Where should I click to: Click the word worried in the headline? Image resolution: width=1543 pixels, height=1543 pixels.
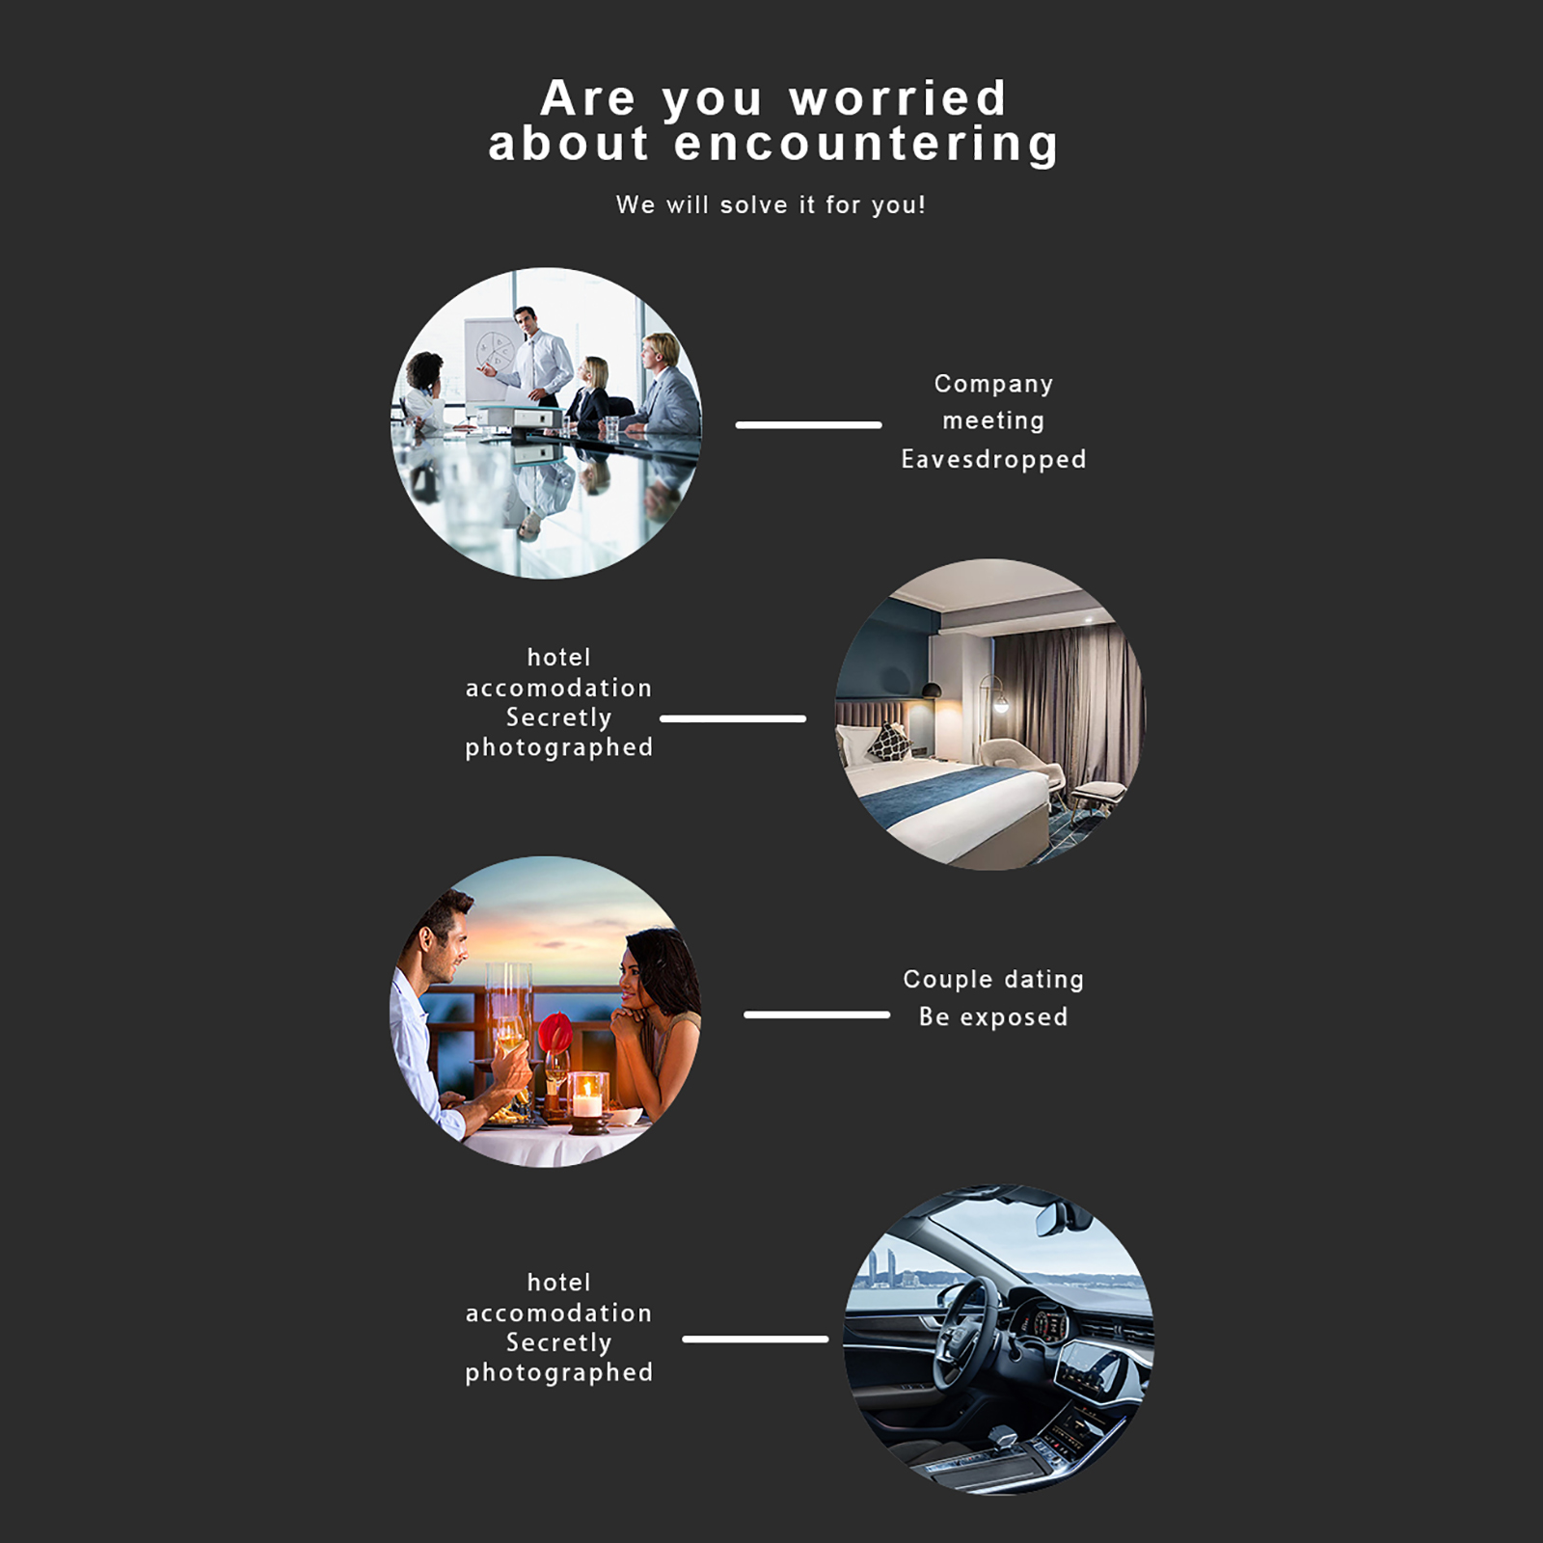[x=898, y=98]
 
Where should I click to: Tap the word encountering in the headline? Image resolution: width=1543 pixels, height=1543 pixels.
[x=866, y=145]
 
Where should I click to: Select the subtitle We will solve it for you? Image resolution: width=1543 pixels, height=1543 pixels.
[x=771, y=204]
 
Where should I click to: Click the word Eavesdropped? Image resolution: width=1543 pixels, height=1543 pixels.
[x=993, y=459]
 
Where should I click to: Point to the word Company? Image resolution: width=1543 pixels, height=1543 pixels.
[x=993, y=384]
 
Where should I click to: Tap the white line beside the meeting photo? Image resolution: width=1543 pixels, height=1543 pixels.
[x=808, y=424]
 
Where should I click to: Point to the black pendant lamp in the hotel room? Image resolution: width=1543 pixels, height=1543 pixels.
[x=932, y=690]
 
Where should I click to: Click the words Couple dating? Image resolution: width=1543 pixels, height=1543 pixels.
[x=993, y=980]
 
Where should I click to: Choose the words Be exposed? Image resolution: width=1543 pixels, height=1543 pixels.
[x=993, y=1017]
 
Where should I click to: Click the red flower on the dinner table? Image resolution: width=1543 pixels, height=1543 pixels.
[x=554, y=1033]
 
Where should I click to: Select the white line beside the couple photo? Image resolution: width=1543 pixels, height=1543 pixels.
[x=817, y=1015]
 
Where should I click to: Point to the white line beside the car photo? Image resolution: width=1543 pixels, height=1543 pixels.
[x=755, y=1339]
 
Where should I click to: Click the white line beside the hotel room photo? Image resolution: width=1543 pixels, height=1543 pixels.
[x=733, y=718]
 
